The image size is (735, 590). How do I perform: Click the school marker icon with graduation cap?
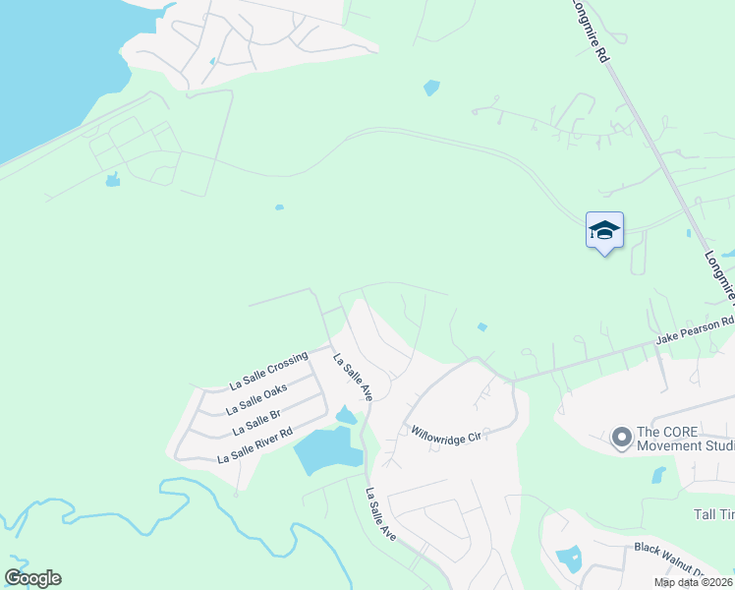click(604, 231)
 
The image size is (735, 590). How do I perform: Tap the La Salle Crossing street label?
click(268, 370)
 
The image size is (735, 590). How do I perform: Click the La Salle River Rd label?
click(254, 445)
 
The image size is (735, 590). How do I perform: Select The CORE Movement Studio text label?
click(685, 439)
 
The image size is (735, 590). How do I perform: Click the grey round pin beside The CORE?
click(621, 436)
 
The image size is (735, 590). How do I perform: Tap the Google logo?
click(32, 577)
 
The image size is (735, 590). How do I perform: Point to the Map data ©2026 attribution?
click(693, 582)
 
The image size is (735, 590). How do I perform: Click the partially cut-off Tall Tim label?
click(714, 514)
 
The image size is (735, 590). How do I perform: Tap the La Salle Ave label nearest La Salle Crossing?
click(353, 377)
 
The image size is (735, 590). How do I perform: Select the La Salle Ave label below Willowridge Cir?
click(381, 514)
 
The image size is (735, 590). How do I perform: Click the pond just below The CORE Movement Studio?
click(658, 475)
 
